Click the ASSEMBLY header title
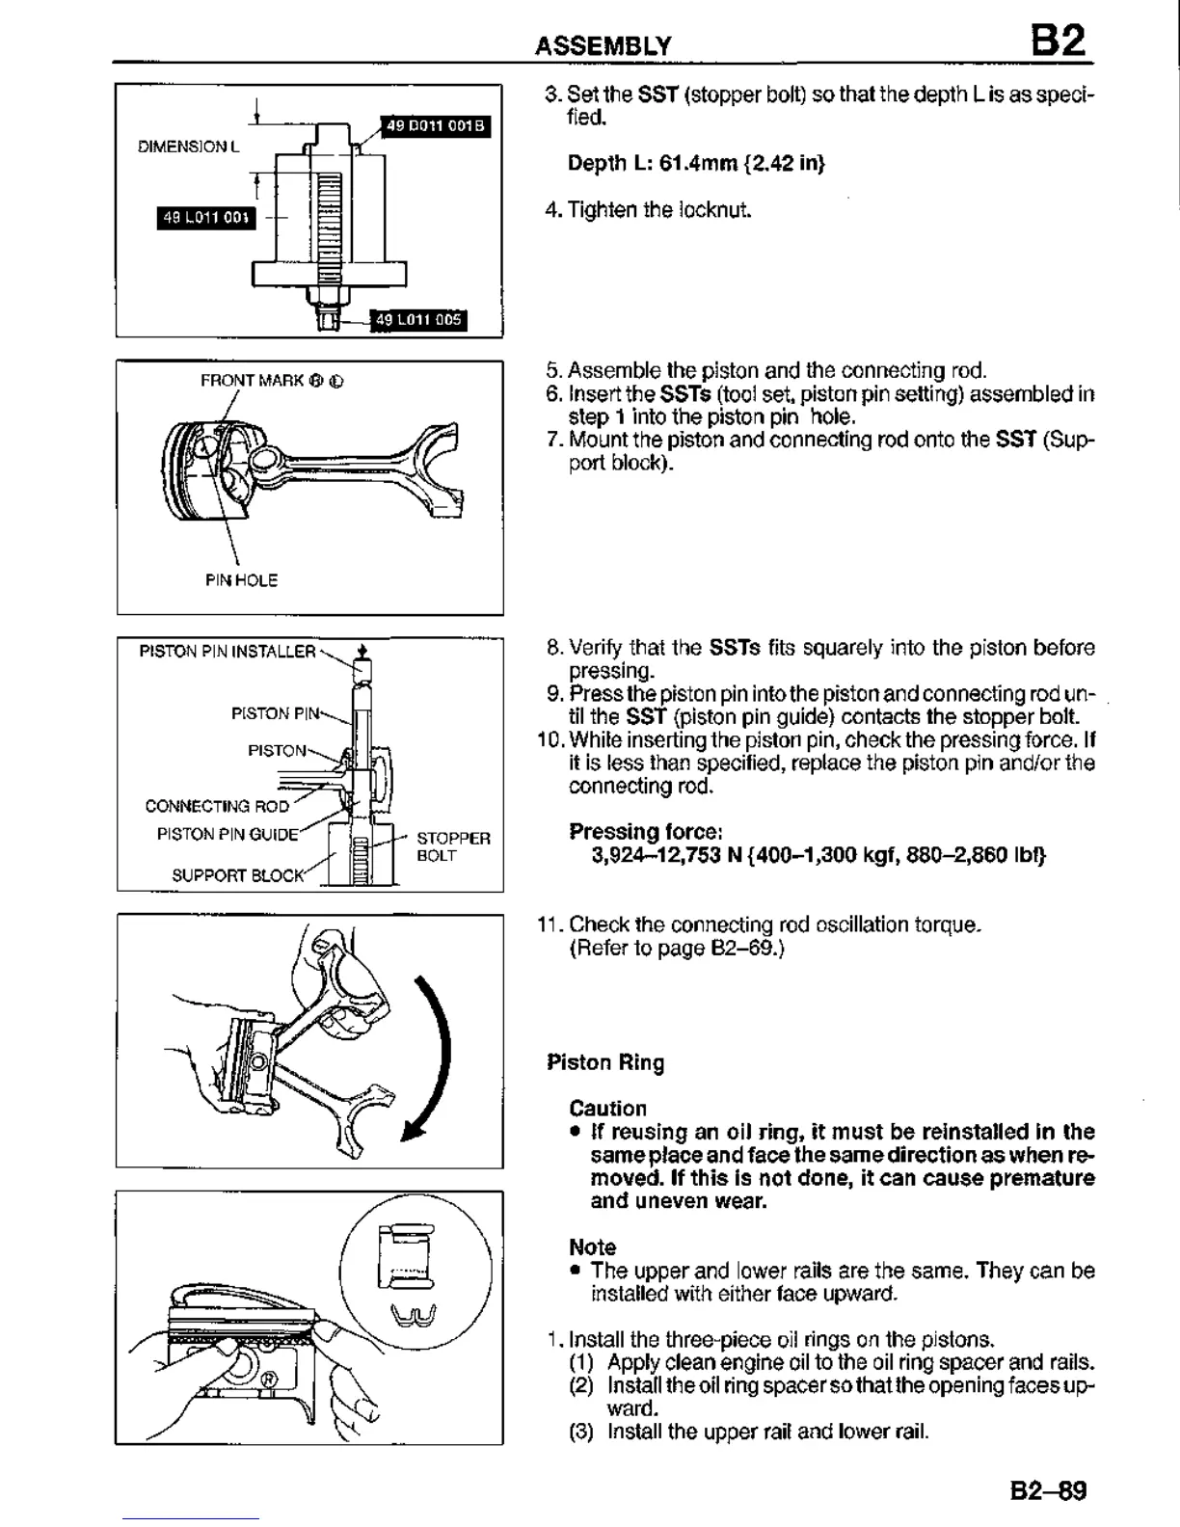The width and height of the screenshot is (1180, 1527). pos(603,46)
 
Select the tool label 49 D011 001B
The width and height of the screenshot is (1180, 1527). pos(437,125)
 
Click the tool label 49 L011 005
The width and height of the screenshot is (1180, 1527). pos(418,320)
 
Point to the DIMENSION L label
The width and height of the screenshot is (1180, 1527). pos(188,147)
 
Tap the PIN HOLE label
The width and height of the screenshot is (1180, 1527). pos(241,580)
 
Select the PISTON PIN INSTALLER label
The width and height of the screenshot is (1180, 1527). pos(228,652)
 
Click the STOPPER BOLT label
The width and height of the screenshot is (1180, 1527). pos(453,846)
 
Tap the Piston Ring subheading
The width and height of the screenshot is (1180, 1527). pos(605,1062)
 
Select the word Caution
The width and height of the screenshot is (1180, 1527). pos(607,1109)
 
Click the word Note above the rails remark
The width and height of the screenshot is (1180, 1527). pos(592,1247)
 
